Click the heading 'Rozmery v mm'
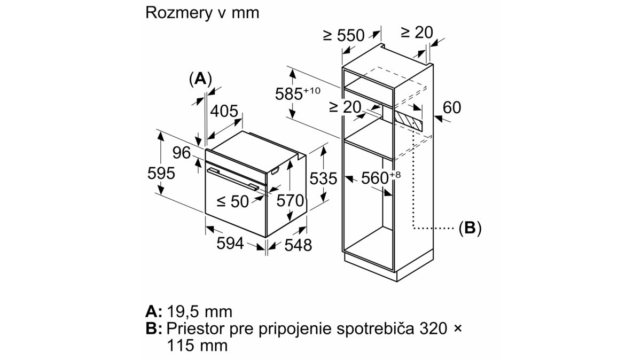click(x=202, y=13)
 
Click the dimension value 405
click(x=224, y=112)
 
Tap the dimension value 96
click(x=182, y=153)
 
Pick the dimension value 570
click(x=290, y=201)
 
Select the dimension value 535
click(x=324, y=178)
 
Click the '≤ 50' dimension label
click(x=233, y=201)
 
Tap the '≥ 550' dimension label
click(x=343, y=36)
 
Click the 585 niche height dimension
click(x=296, y=94)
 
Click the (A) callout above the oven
click(x=200, y=79)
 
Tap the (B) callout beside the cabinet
click(x=470, y=229)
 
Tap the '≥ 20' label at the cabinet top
click(x=417, y=33)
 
